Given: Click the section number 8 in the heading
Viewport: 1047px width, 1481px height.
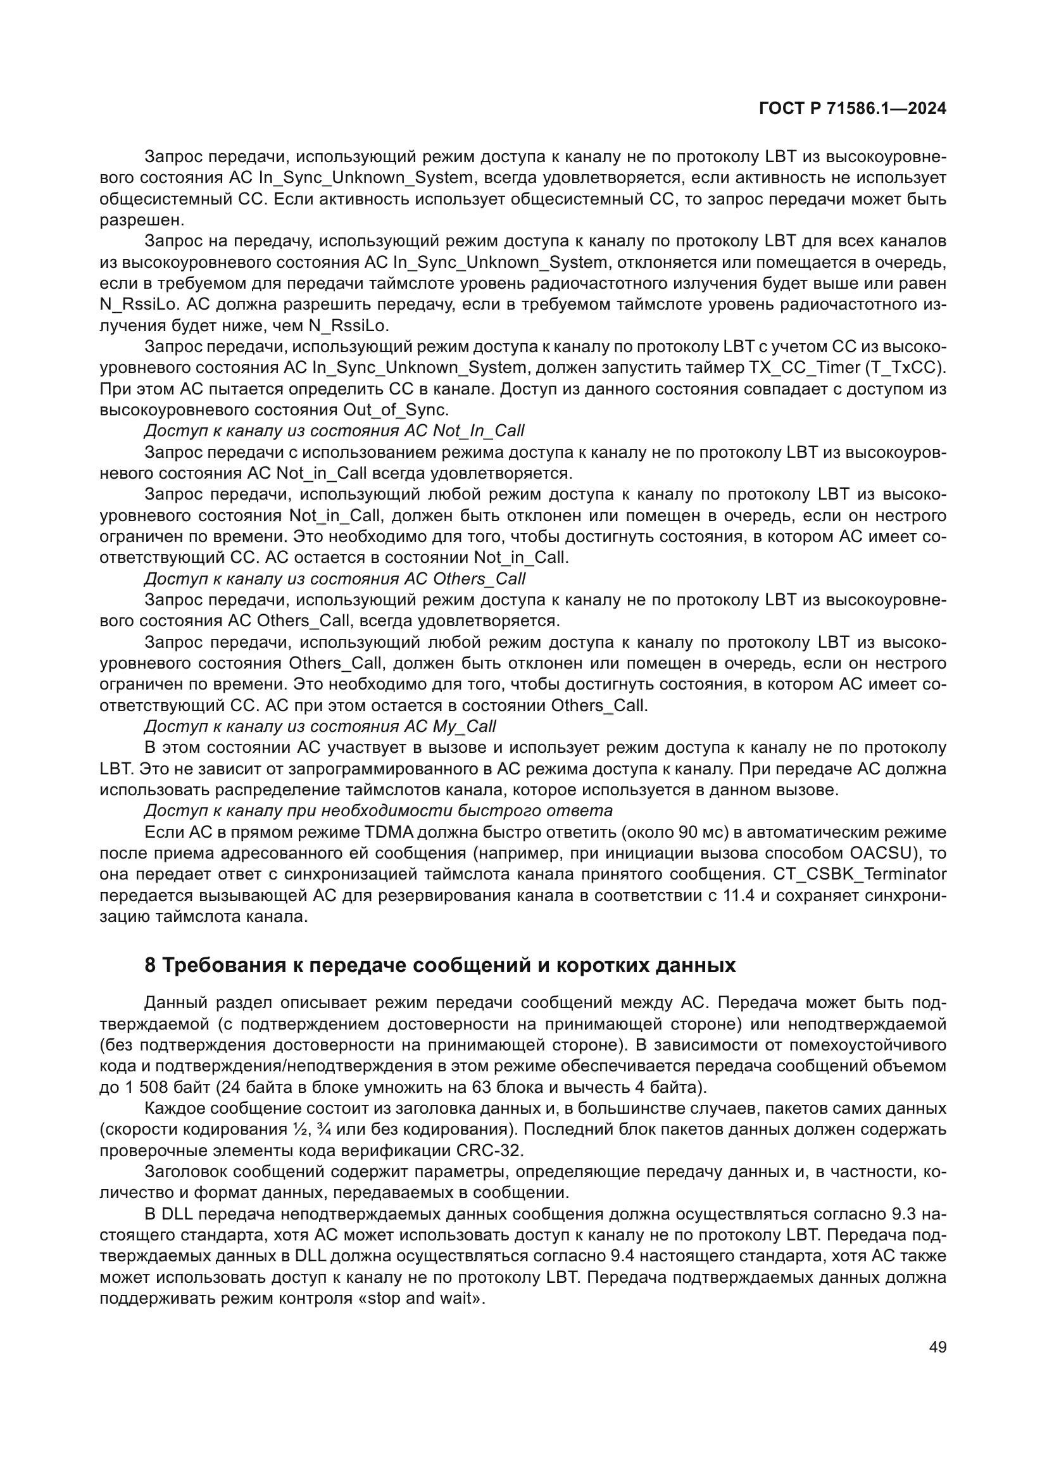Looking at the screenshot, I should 149,966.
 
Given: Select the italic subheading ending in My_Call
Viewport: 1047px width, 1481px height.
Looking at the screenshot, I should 320,726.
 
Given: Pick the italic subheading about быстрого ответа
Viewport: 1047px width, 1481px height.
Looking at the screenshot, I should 378,810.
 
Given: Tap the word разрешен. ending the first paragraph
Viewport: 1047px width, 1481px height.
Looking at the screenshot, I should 142,220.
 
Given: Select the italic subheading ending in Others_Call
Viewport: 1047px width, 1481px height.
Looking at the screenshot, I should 335,579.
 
